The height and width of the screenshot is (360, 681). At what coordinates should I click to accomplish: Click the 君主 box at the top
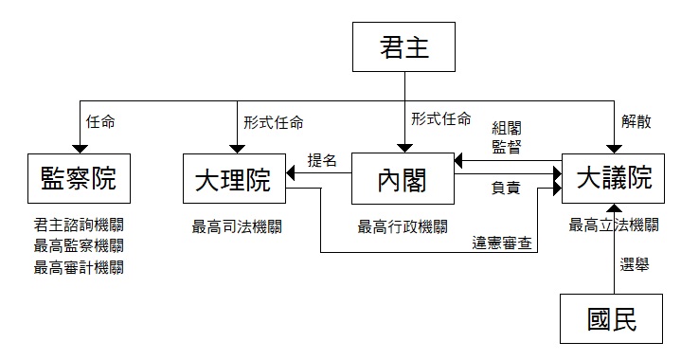point(403,47)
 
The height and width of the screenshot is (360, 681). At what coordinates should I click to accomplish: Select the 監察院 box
point(79,178)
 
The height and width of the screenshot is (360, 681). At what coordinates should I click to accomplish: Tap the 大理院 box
point(234,178)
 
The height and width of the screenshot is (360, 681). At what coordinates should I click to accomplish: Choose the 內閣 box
point(403,178)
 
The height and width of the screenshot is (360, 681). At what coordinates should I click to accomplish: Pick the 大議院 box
point(613,178)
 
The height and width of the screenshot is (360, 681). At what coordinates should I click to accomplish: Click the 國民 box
point(612,318)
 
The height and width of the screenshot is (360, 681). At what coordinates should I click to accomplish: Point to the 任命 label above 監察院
point(100,122)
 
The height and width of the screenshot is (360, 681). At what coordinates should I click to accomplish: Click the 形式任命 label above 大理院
point(273,122)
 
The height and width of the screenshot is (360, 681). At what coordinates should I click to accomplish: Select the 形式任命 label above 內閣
point(440,118)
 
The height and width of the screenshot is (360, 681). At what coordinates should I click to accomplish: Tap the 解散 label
point(636,121)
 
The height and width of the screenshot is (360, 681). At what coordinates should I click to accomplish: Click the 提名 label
point(322,160)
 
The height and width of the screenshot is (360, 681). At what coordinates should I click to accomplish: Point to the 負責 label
point(506,188)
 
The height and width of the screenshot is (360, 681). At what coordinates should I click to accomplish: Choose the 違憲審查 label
point(502,243)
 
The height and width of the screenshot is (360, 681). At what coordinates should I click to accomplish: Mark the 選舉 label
point(635,264)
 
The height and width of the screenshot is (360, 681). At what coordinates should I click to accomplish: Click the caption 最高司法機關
point(237,226)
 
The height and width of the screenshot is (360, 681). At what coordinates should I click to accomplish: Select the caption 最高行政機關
point(403,226)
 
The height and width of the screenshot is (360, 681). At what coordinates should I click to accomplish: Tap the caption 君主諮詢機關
point(79,225)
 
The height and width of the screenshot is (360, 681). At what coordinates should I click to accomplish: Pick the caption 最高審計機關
point(79,267)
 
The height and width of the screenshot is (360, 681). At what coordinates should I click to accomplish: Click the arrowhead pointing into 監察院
point(80,150)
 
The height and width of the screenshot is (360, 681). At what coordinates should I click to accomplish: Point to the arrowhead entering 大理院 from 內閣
point(290,173)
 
